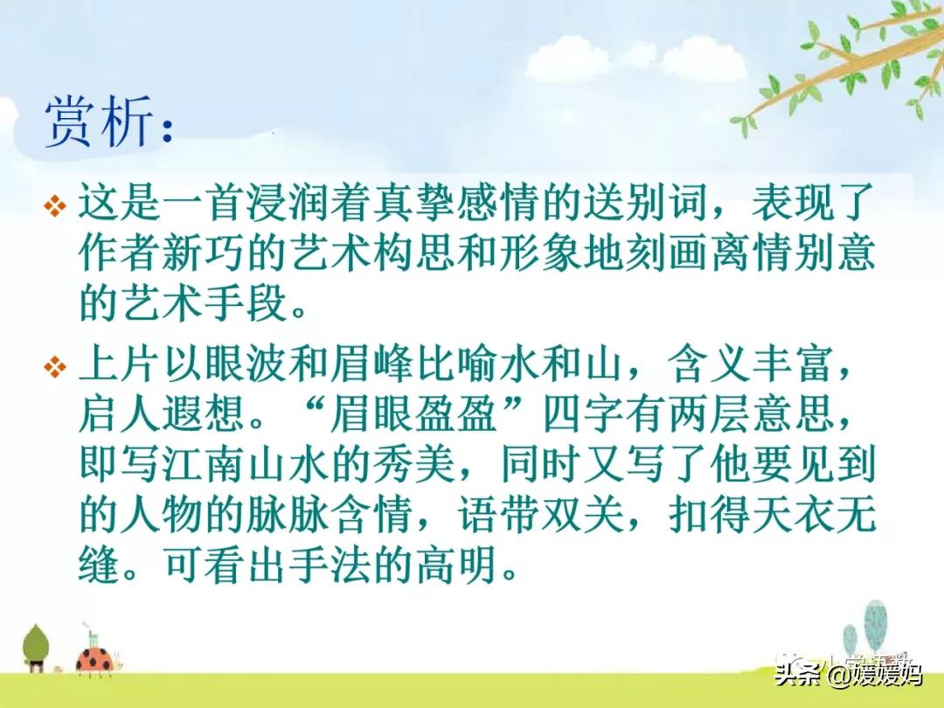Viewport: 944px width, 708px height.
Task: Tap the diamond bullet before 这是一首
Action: tap(55, 206)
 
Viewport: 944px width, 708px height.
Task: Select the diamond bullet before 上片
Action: tap(55, 366)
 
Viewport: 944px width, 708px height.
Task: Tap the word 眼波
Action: tap(246, 364)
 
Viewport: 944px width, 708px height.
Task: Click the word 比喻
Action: tap(456, 364)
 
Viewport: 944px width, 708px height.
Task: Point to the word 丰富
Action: tap(793, 364)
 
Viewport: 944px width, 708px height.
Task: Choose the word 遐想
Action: tap(205, 413)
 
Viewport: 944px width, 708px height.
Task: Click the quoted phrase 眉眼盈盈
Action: tap(415, 413)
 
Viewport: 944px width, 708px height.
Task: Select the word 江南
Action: tap(205, 464)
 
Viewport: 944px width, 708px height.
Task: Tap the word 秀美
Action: tap(415, 464)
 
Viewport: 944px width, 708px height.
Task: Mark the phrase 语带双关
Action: tap(541, 514)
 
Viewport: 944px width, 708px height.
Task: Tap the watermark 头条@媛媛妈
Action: tap(848, 674)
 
